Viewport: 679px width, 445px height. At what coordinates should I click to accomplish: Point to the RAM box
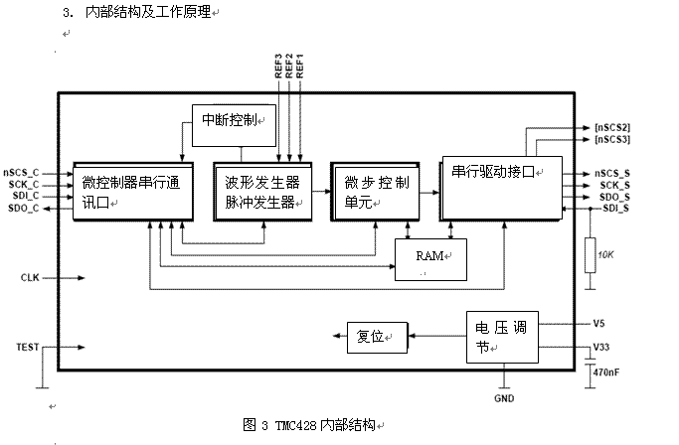tap(430, 260)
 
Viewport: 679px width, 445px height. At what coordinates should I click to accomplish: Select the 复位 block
tap(376, 337)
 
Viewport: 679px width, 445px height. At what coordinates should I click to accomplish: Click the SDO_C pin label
tap(23, 208)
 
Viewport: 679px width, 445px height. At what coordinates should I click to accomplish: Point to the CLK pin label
tap(29, 277)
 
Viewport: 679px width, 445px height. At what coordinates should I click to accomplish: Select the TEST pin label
tap(28, 347)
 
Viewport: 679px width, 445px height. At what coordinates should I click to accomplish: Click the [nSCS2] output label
tap(612, 127)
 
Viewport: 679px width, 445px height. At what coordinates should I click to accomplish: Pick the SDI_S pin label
tap(613, 208)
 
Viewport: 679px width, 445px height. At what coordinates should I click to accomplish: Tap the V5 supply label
tap(598, 323)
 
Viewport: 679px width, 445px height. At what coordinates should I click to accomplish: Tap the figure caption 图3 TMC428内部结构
tap(311, 424)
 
